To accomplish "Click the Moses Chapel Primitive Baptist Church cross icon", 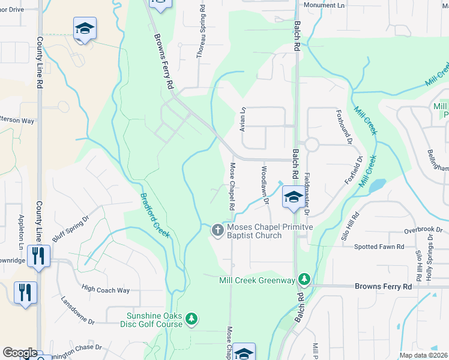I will click(x=217, y=230).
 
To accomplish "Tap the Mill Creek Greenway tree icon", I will click(x=305, y=279).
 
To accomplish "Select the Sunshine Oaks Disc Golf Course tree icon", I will click(x=191, y=319).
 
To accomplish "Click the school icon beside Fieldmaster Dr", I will click(x=292, y=197).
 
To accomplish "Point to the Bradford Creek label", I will click(x=155, y=215).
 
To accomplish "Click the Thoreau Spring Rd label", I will click(x=201, y=40).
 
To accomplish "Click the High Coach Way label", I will click(x=106, y=290).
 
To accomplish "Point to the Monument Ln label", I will click(x=325, y=5).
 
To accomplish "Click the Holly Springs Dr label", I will click(x=430, y=252).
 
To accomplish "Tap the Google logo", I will click(x=20, y=353).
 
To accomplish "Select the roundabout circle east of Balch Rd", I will click(x=311, y=144).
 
